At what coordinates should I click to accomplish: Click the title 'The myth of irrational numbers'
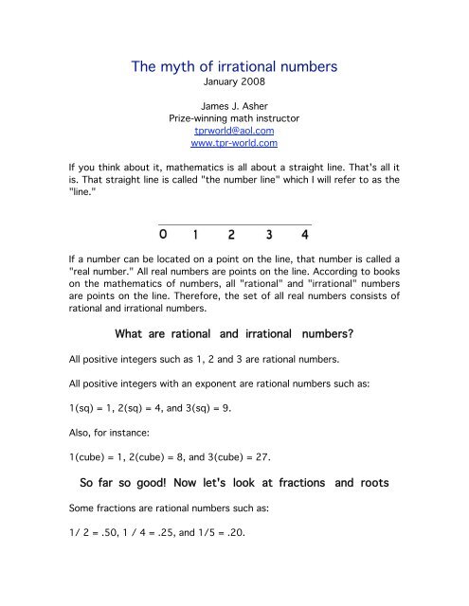pyautogui.click(x=234, y=65)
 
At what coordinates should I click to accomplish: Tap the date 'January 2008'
pyautogui.click(x=233, y=85)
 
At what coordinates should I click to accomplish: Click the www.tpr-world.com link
pyautogui.click(x=233, y=145)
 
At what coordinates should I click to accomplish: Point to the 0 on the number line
pyautogui.click(x=164, y=233)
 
